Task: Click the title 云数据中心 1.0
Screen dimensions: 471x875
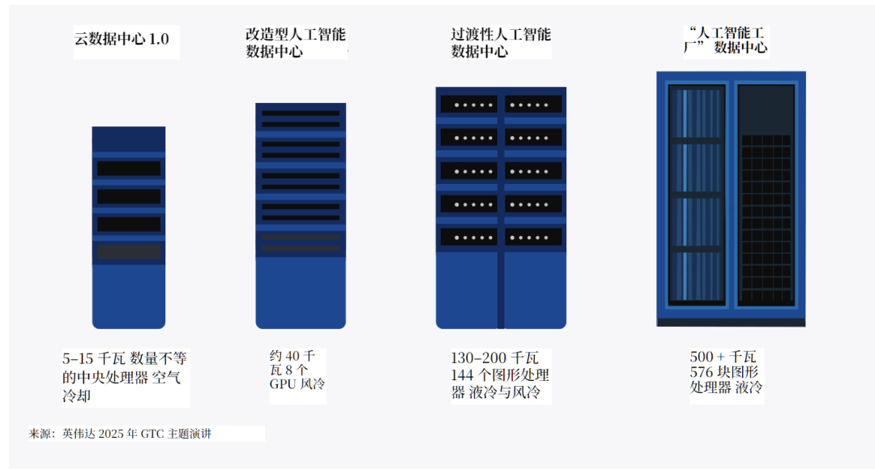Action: point(122,40)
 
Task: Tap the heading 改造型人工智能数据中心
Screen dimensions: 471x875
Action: point(295,43)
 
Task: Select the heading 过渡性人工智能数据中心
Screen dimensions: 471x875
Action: point(500,43)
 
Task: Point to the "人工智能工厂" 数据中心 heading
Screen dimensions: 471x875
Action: point(726,40)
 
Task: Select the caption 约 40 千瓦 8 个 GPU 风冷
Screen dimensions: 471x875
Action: point(297,370)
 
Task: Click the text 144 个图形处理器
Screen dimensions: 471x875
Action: point(499,375)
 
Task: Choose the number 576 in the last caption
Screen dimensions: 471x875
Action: point(702,372)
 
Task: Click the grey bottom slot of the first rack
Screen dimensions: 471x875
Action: point(129,252)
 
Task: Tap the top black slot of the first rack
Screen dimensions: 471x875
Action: point(129,169)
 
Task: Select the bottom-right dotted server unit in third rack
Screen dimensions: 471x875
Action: point(533,238)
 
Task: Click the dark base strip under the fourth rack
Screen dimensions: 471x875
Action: point(731,322)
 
